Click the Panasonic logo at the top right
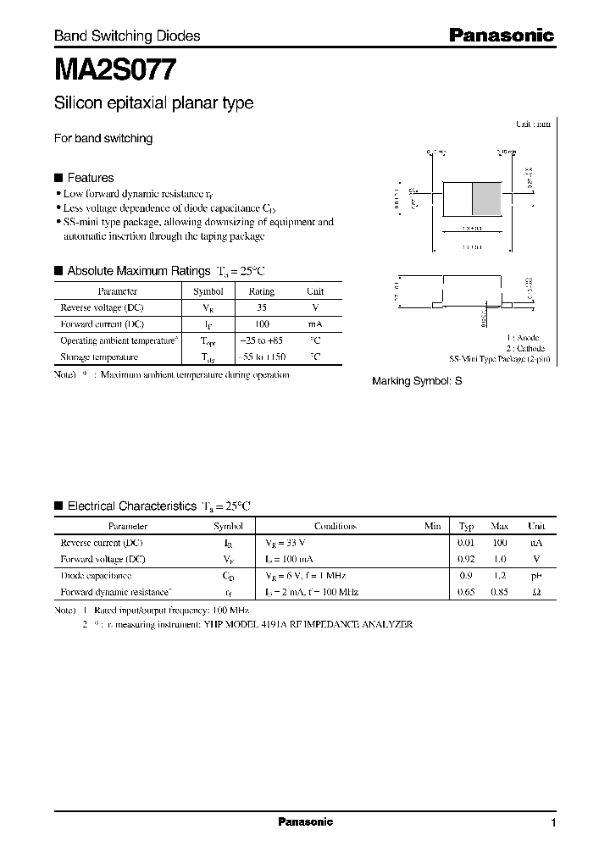(x=500, y=36)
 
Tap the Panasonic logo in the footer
(x=306, y=822)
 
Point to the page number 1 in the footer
(x=553, y=823)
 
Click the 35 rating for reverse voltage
(x=262, y=307)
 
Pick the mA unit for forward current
(x=315, y=324)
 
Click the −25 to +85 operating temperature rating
(x=262, y=340)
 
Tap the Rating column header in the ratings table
(x=262, y=291)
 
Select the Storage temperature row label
(x=99, y=357)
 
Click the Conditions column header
(x=335, y=526)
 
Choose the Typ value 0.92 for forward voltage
(x=466, y=559)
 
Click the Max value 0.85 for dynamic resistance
(x=500, y=592)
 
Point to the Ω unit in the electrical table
(x=536, y=592)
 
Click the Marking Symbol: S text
(x=417, y=382)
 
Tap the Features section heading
(x=90, y=178)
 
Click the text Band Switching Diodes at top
(x=127, y=36)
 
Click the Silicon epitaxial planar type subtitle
(x=153, y=103)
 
